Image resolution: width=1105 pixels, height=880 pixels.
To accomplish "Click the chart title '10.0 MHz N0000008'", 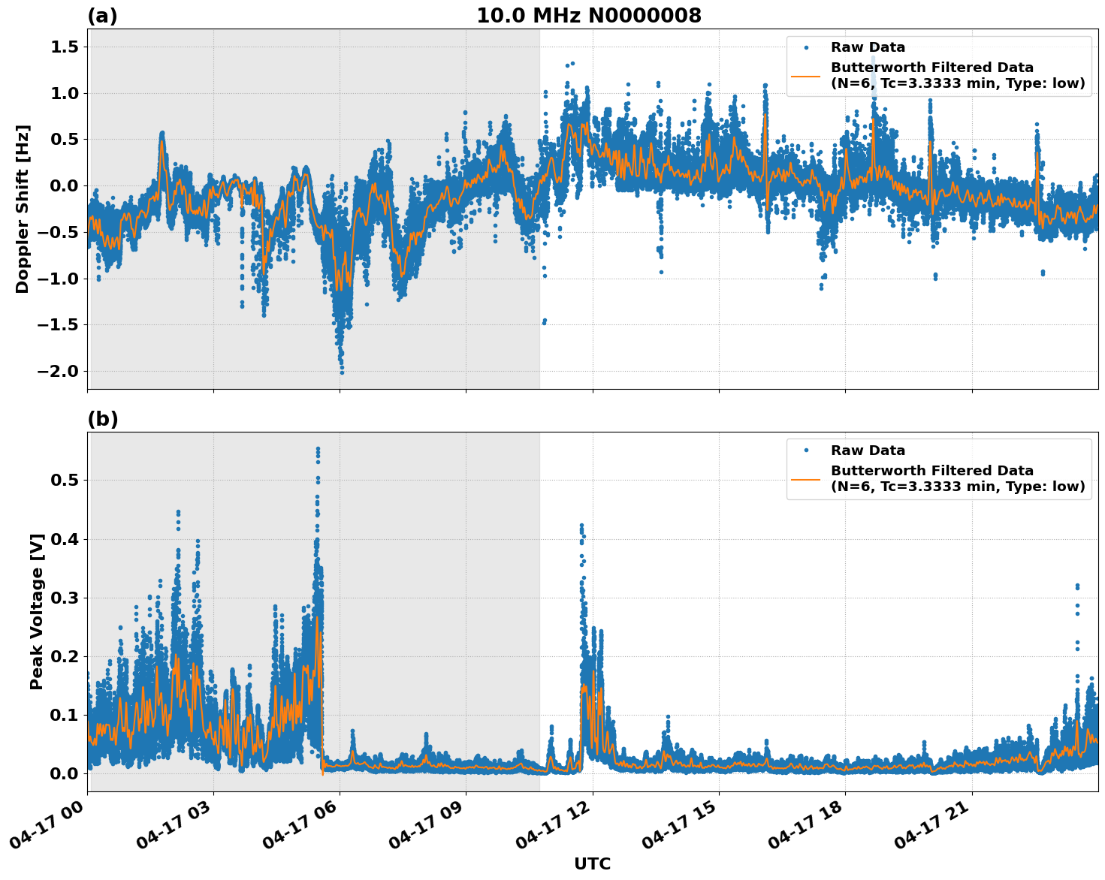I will pos(588,16).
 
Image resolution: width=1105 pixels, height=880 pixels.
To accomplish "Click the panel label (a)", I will pos(102,16).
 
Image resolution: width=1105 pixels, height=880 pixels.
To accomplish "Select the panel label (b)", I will pos(102,419).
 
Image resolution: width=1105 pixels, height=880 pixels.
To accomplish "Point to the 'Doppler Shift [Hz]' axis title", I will pos(23,209).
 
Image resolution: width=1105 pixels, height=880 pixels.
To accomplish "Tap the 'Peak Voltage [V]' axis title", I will pos(37,611).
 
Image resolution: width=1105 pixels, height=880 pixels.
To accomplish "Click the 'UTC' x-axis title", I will pos(592,863).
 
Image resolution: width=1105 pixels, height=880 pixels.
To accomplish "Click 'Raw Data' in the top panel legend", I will pos(868,47).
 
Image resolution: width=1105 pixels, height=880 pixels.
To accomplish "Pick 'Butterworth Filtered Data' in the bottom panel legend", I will pos(931,471).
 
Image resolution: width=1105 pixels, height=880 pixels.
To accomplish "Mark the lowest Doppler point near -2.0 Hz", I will pos(342,372).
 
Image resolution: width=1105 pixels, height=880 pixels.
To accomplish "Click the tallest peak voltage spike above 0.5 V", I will pos(318,448).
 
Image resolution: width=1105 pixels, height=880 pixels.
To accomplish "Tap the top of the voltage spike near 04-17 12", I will pos(581,525).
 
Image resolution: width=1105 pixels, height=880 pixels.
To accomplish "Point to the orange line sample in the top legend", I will pos(805,76).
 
